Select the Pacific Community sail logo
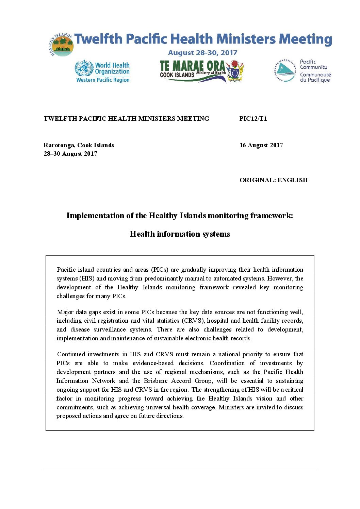[x=285, y=71]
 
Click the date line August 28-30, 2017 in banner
[x=202, y=53]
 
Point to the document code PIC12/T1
[x=253, y=119]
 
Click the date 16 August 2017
[x=261, y=145]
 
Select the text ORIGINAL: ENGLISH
[x=274, y=180]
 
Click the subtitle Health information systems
[x=180, y=234]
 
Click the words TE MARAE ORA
[x=192, y=65]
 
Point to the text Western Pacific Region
[x=103, y=80]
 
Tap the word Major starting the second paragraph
[x=64, y=312]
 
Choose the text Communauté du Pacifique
[x=315, y=77]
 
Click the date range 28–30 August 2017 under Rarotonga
[x=70, y=154]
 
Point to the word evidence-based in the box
[x=153, y=363]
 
